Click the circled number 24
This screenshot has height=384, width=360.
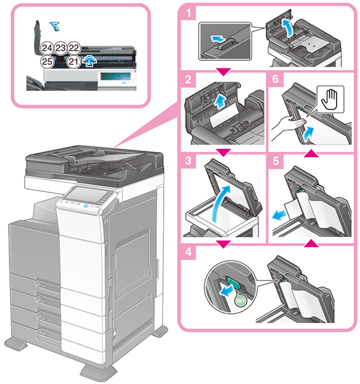click(x=47, y=48)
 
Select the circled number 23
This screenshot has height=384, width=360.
click(x=60, y=48)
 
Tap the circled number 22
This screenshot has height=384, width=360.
click(x=74, y=48)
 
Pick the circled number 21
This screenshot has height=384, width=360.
click(x=74, y=62)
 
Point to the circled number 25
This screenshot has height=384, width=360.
click(x=47, y=62)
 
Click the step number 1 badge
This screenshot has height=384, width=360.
click(x=188, y=12)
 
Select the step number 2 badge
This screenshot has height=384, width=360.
click(x=188, y=79)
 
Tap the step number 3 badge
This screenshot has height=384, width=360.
click(x=188, y=161)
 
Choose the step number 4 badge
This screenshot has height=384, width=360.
click(x=188, y=252)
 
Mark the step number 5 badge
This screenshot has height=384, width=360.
click(x=276, y=161)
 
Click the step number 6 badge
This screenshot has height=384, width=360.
click(x=276, y=79)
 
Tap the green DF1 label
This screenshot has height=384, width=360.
click(x=240, y=301)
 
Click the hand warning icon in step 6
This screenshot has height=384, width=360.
click(x=330, y=99)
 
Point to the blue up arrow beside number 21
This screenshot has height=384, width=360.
click(x=89, y=61)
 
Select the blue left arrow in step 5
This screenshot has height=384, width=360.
click(x=279, y=215)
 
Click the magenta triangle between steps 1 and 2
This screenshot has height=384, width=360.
click(x=223, y=72)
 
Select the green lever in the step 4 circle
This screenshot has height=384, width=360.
click(x=234, y=283)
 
